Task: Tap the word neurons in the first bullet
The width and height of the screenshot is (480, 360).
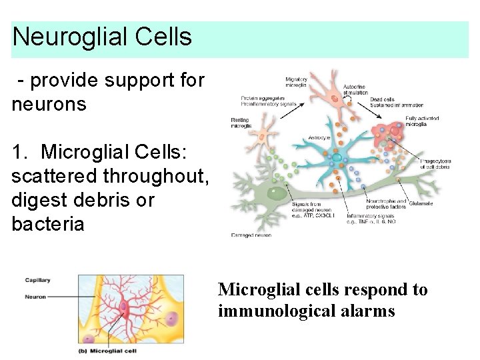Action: point(49,104)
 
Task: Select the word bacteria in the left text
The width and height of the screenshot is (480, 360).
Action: point(48,224)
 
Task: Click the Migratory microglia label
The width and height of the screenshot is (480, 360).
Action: point(295,82)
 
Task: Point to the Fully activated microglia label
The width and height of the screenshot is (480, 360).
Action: point(422,121)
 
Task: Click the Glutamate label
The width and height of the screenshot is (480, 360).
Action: point(419,203)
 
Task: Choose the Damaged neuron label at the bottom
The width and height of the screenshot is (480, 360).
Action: point(251,235)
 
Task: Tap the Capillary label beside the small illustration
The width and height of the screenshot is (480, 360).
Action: point(38,280)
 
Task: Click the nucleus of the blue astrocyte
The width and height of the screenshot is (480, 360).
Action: point(337,159)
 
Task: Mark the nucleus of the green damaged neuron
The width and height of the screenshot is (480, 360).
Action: point(277,194)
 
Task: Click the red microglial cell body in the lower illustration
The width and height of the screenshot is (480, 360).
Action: point(124,307)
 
